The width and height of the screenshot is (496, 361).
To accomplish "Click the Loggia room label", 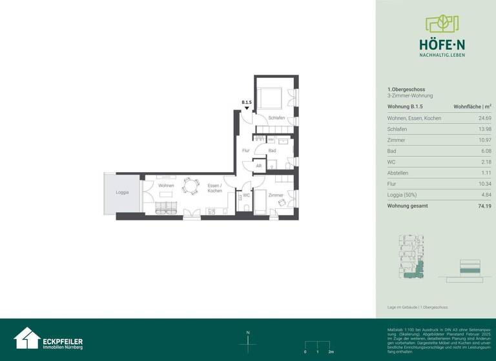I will pos(122,192).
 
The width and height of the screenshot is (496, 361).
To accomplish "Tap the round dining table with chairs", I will pos(191,186).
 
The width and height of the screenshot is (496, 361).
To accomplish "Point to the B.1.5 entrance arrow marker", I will pos(246,108).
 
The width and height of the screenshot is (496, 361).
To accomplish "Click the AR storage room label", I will pos(259,166).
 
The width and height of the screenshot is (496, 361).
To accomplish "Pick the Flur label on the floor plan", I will pos(245,150).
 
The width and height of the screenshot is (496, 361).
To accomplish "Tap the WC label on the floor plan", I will pos(246,195).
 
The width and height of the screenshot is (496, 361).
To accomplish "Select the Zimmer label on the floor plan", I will pos(276,195).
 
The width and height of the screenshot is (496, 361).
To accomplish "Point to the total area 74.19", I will pos(483,206).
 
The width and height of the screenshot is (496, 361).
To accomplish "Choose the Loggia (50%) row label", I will pos(402,194).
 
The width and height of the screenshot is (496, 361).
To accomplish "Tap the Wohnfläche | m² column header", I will pos(473,106).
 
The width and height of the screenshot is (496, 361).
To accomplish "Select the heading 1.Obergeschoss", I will pos(406,89).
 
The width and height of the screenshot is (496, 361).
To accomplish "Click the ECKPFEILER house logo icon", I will pos(26,338).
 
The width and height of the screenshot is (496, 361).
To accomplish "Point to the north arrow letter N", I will pos(248,333).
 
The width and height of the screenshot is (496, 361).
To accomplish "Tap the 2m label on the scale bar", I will pos(331,353).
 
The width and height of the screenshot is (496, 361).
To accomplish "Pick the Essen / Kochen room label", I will pos(214,188).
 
